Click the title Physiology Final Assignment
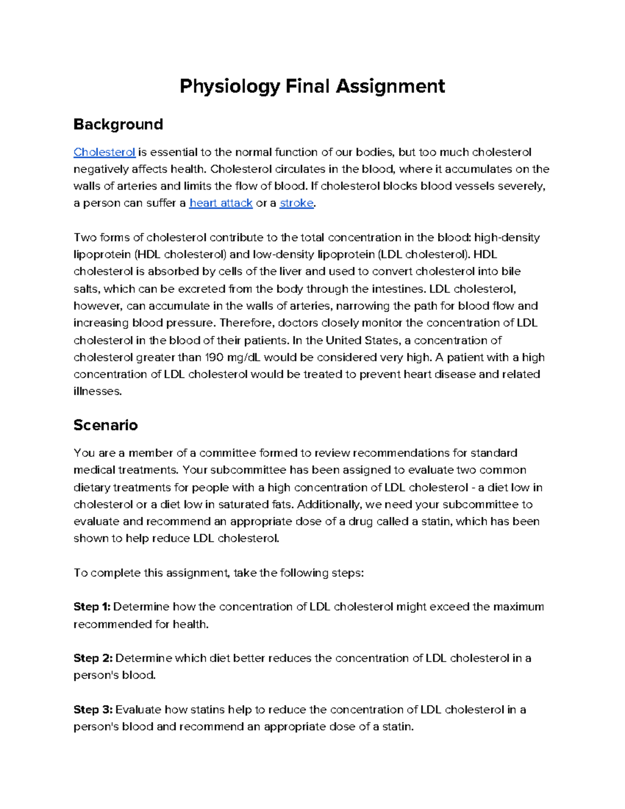click(312, 86)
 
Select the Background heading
click(118, 125)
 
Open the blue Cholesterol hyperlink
click(104, 152)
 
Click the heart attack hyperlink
click(221, 203)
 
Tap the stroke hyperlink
click(296, 203)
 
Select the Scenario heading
click(106, 425)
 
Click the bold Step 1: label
click(92, 607)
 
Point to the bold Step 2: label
click(93, 658)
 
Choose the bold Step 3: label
click(93, 710)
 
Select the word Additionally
click(329, 504)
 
